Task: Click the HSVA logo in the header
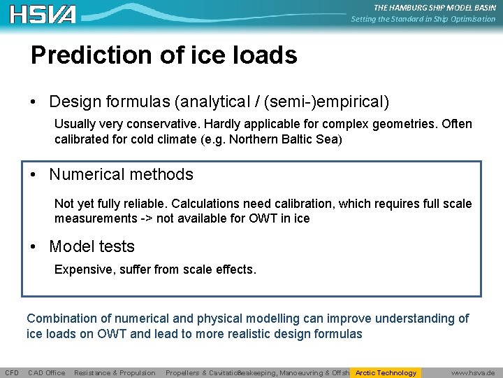pos(43,14)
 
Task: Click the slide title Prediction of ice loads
pos(163,55)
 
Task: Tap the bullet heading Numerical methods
pos(121,174)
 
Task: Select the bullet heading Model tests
pos(92,246)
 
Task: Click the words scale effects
pos(221,269)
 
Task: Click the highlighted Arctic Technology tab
pos(386,372)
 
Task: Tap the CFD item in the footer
pos(12,373)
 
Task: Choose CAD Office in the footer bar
pos(46,373)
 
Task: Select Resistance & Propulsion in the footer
pos(115,373)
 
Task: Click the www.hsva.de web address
pos(473,373)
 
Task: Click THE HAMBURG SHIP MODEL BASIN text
pos(434,8)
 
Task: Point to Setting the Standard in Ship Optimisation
pos(423,19)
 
